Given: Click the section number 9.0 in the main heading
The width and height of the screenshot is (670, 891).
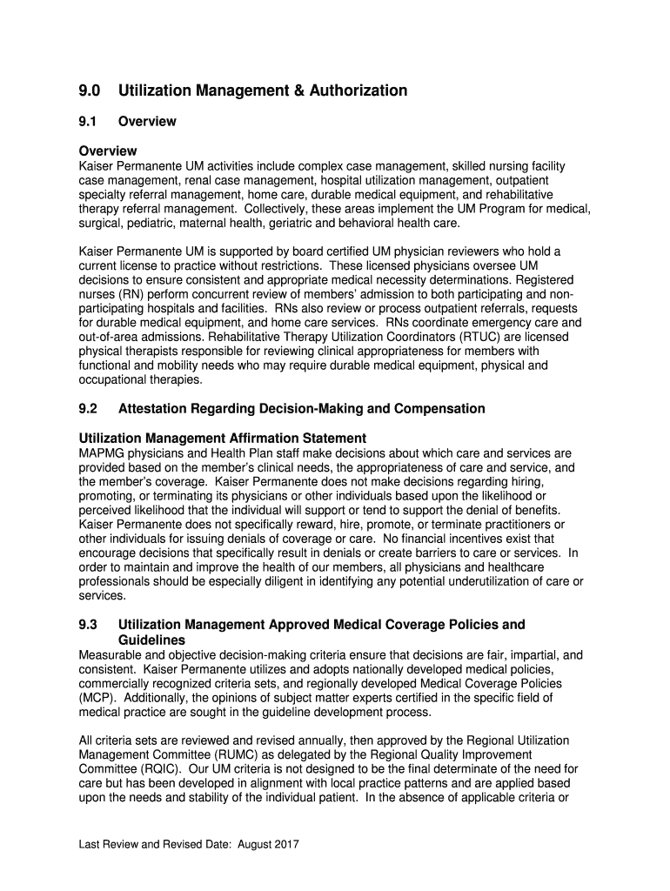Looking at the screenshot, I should [90, 90].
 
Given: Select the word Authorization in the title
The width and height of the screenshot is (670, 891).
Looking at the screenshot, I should [357, 90].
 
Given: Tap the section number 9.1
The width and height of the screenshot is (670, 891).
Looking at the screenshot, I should [88, 122].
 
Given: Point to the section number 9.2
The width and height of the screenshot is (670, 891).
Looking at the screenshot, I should [89, 408].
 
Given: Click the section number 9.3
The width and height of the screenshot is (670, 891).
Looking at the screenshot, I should [89, 625].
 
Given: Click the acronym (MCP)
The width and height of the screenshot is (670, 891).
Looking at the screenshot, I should [96, 698].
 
